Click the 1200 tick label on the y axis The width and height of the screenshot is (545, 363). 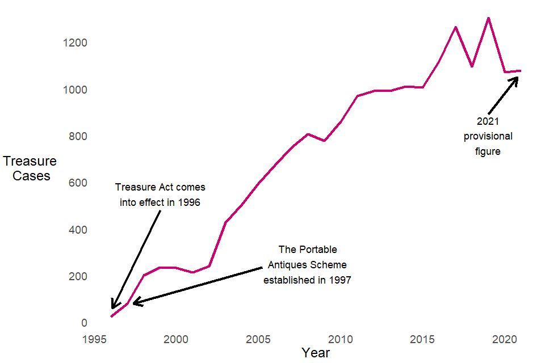[x=75, y=43]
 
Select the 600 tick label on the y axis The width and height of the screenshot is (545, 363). [x=78, y=183]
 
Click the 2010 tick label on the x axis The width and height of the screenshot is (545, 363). [x=342, y=340]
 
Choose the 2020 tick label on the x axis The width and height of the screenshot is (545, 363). [x=506, y=340]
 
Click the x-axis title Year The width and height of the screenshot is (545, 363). [x=316, y=353]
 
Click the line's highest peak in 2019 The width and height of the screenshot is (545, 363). [x=488, y=18]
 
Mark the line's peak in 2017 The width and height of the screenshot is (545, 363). [x=455, y=27]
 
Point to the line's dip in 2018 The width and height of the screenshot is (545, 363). [x=472, y=66]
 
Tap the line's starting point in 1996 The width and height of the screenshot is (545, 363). [x=111, y=316]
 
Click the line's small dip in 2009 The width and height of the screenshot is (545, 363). [x=324, y=140]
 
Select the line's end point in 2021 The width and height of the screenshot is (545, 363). [x=521, y=71]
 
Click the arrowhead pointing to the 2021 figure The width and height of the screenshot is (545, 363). [x=516, y=79]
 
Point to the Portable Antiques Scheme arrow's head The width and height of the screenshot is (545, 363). [x=135, y=303]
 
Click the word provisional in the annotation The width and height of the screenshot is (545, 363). [x=488, y=136]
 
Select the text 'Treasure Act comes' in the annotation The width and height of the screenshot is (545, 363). [x=160, y=187]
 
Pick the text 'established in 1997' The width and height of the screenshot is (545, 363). [x=307, y=280]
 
